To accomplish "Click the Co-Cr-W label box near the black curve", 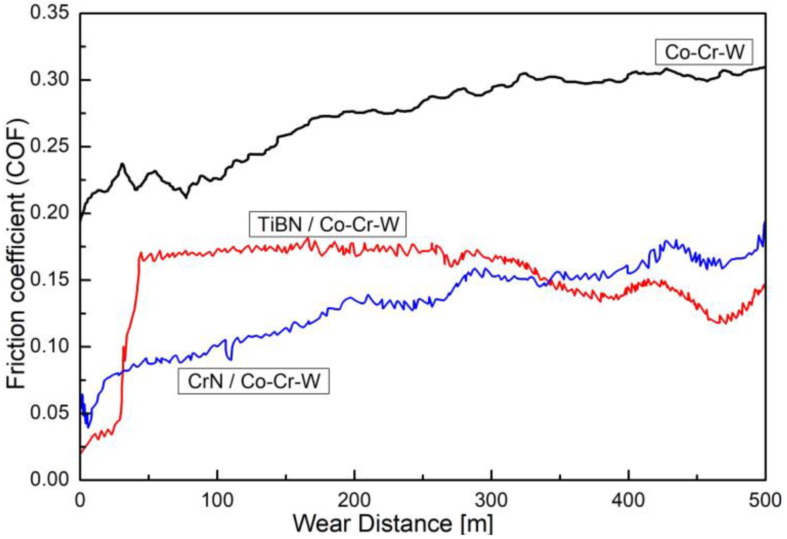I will [x=704, y=52].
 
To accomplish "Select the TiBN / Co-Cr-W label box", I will [x=327, y=224].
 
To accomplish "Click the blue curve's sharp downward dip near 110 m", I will [x=231, y=359].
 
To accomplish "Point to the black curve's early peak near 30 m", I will [x=122, y=165].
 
